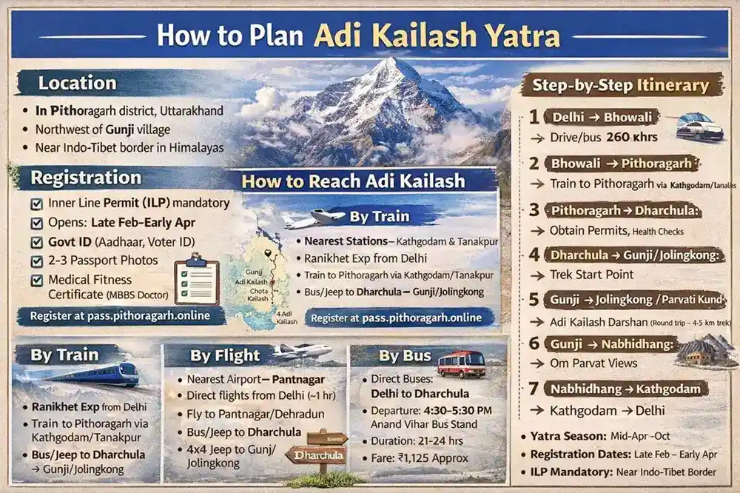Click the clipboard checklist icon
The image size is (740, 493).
196,282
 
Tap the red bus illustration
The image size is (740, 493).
461,363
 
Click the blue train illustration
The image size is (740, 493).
96,374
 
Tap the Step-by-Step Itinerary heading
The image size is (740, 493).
620,84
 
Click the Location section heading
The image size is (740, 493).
77,82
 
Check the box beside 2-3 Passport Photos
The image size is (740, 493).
36,261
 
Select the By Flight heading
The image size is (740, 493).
225,355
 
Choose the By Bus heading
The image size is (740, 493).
405,356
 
